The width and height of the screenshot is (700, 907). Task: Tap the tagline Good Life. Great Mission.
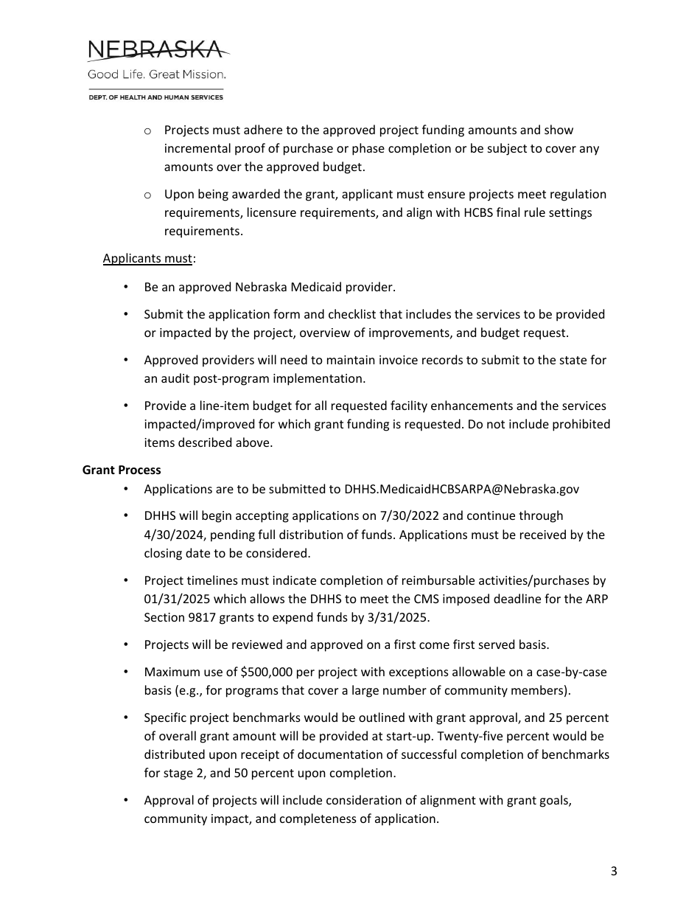[x=157, y=74]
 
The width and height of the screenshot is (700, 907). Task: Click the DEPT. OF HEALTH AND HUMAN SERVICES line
[x=155, y=97]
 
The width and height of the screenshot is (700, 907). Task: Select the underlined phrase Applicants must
[x=147, y=259]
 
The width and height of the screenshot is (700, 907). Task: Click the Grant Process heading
[x=122, y=470]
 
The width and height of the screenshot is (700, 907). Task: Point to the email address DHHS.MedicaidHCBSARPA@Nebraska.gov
[x=461, y=489]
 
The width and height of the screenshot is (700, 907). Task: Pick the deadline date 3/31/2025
[x=402, y=617]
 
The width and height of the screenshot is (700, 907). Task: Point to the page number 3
[x=614, y=872]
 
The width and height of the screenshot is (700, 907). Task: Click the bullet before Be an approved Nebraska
[x=127, y=287]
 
